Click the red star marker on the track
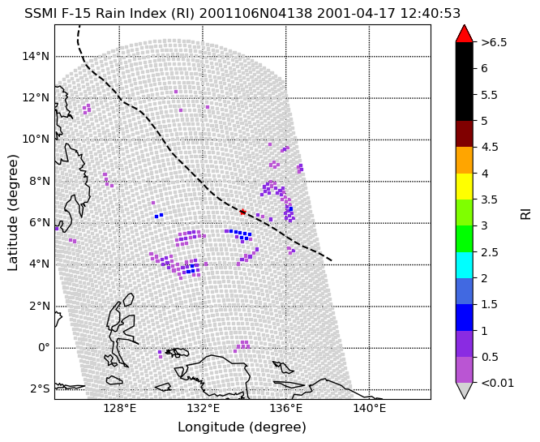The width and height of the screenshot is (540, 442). coord(242,212)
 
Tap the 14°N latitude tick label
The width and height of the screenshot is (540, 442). coord(36,56)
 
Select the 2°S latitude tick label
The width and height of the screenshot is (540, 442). coord(39,389)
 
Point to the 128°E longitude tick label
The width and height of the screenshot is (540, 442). coord(119,409)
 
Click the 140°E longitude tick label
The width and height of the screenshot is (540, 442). coord(370,409)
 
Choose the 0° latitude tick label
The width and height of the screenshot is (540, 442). coord(44,347)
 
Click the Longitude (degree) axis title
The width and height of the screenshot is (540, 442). coord(242,427)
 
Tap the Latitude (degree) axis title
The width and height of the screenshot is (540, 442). coord(12,212)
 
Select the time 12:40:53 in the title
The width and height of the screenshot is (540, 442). coord(431,14)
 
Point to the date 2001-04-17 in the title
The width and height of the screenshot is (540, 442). coord(357,14)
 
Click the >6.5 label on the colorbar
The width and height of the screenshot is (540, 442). coord(494,42)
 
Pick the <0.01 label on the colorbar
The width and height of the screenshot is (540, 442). coord(497,383)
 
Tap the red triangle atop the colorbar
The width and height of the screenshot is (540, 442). coord(465,33)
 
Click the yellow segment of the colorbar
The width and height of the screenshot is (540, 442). coord(465,187)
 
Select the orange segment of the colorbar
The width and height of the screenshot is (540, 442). coord(465,161)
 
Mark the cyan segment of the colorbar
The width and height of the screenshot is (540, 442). coord(465,265)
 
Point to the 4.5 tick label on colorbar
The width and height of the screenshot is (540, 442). coord(490,147)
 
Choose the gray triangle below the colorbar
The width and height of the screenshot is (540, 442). coord(465,390)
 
